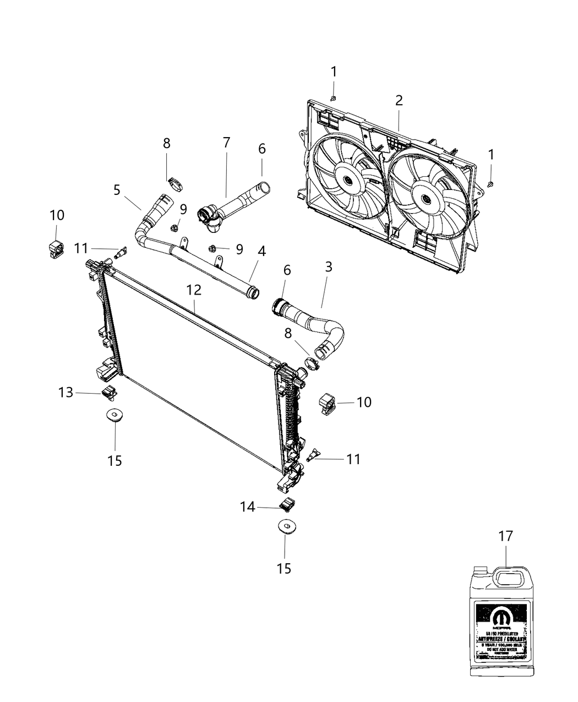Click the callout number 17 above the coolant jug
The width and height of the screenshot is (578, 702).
pyautogui.click(x=505, y=536)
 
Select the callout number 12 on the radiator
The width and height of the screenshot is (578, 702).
pyautogui.click(x=193, y=290)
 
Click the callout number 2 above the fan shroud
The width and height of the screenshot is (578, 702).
pyautogui.click(x=399, y=100)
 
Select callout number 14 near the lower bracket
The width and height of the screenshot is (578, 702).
pyautogui.click(x=247, y=507)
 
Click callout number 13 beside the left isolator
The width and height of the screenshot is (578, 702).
pyautogui.click(x=66, y=393)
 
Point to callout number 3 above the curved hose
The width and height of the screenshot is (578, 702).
pyautogui.click(x=328, y=267)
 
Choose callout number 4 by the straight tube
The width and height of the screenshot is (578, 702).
pyautogui.click(x=261, y=252)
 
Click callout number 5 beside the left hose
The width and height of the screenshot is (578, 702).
pyautogui.click(x=117, y=190)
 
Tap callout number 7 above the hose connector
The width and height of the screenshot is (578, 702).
pyautogui.click(x=226, y=142)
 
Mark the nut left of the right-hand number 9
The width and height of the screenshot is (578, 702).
pyautogui.click(x=212, y=248)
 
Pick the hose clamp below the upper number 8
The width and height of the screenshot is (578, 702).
pyautogui.click(x=175, y=182)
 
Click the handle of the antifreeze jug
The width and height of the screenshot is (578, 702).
pyautogui.click(x=509, y=578)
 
